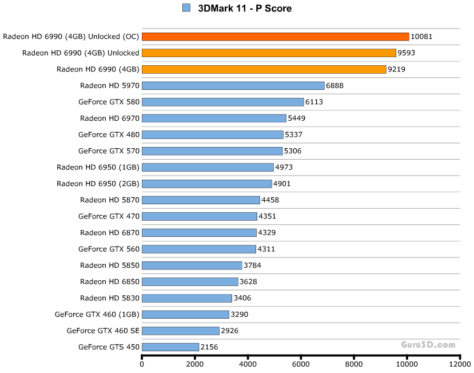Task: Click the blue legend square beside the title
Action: tap(186, 8)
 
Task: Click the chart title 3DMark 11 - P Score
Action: tap(245, 8)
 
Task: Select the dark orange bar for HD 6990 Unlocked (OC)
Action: tap(275, 37)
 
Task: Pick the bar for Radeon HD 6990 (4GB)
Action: tap(264, 69)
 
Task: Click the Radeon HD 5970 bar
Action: tap(233, 86)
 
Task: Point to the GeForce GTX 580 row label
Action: tap(109, 102)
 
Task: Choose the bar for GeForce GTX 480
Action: tap(212, 134)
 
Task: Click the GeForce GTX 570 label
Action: tap(109, 151)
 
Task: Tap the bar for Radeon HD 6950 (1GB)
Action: tap(208, 167)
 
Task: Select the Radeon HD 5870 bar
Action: tap(201, 200)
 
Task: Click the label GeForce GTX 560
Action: tap(109, 249)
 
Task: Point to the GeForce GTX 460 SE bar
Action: tap(180, 331)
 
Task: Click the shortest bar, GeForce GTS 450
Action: tap(170, 347)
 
